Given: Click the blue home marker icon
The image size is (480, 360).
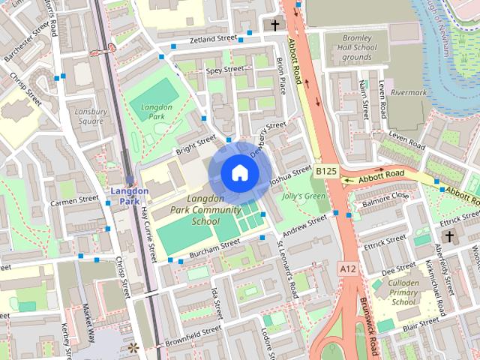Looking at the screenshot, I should point(239,172).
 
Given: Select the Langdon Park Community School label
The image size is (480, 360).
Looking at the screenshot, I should point(195,209).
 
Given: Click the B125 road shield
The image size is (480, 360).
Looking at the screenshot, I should point(325,172).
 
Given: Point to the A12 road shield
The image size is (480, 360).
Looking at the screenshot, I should point(346,268).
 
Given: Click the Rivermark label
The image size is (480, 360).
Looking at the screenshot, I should point(408,93).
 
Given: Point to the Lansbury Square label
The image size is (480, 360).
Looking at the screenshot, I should point(90,115).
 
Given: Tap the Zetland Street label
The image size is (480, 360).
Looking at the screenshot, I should point(213,38).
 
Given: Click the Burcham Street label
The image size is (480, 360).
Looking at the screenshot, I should point(214,248).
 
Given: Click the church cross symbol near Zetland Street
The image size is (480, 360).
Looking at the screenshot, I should point(274,25).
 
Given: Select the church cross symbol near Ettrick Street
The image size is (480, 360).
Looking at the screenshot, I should point(448,237).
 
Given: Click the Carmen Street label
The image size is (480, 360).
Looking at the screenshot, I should point(74,200).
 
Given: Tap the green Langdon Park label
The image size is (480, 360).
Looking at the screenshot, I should point(157,112).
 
